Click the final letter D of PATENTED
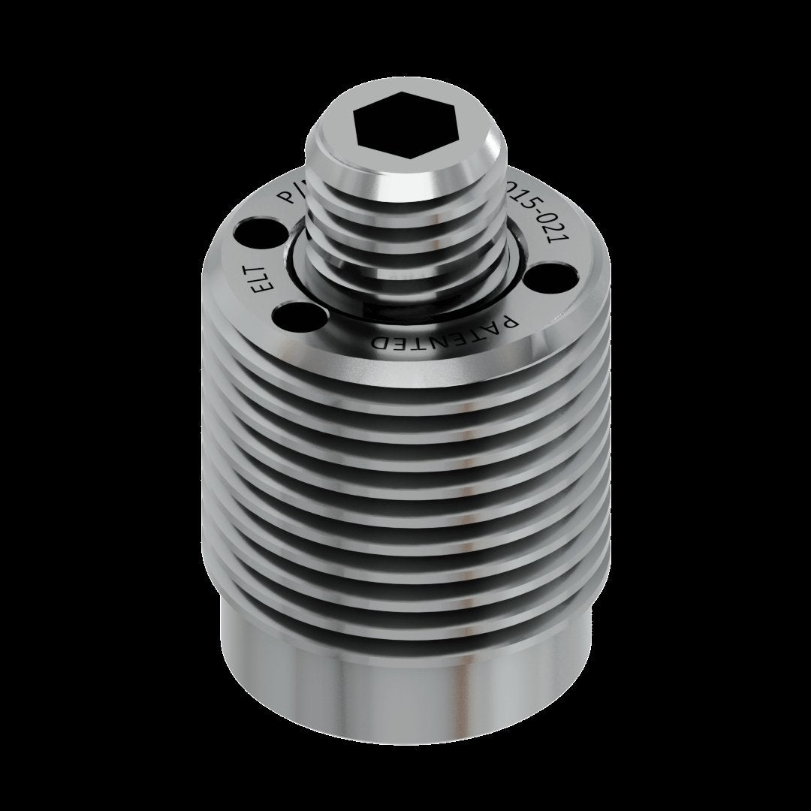pos(381,342)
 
